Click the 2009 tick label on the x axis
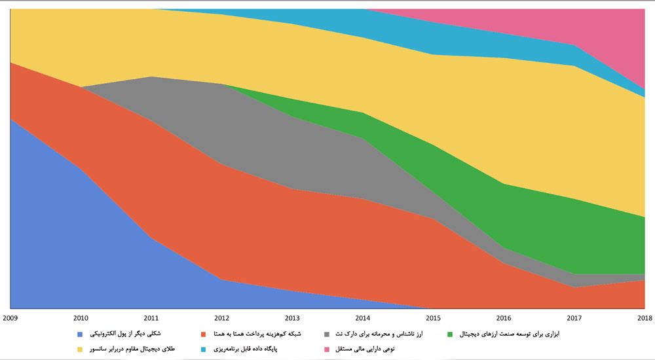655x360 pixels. tap(10, 318)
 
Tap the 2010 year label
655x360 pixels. tap(81, 318)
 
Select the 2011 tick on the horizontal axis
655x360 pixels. tap(151, 318)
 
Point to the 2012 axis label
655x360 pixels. tap(222, 318)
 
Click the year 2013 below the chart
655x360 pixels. tap(292, 318)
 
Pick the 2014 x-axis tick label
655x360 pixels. tap(363, 318)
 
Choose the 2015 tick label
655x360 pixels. tap(433, 318)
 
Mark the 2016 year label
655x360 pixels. tap(504, 318)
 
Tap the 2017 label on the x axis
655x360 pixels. tap(574, 318)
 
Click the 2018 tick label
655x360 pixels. tap(644, 318)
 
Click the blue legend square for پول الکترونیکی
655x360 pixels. tap(80, 334)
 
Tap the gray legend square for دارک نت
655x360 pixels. tap(326, 334)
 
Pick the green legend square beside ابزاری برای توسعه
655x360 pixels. tap(450, 334)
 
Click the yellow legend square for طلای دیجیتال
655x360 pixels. tap(80, 350)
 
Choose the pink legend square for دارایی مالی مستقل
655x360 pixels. tap(326, 350)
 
